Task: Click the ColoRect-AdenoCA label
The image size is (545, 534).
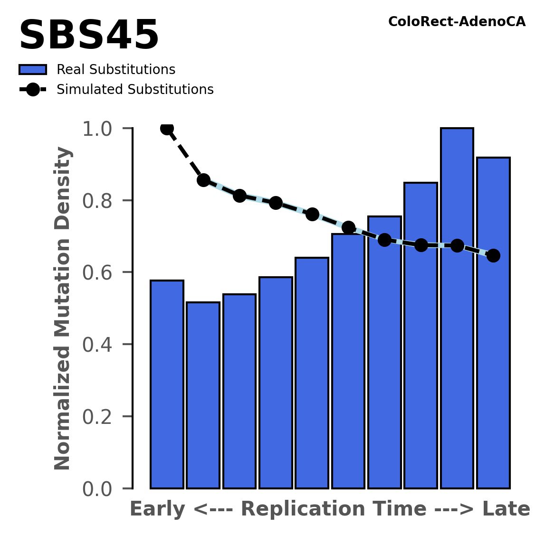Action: [457, 22]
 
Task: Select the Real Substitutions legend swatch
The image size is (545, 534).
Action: [33, 70]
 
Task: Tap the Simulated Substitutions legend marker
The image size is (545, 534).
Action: [33, 90]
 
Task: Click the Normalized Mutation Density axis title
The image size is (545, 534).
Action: [63, 309]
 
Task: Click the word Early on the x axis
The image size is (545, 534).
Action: [158, 509]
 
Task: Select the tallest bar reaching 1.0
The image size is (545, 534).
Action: [457, 309]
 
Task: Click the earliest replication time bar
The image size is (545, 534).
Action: [167, 384]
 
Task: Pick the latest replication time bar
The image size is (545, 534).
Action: [493, 323]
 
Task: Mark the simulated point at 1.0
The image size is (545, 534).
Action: [167, 128]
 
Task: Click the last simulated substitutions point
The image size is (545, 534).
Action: [493, 255]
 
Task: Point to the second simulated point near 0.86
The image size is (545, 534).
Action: [203, 180]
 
